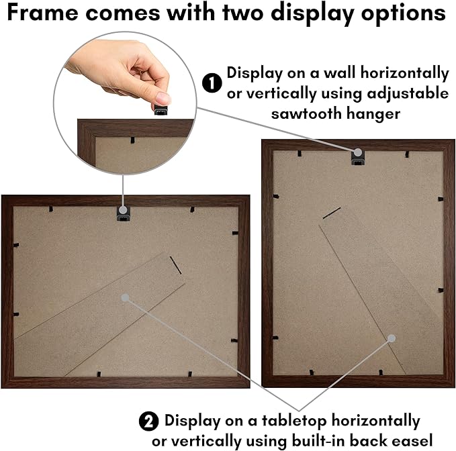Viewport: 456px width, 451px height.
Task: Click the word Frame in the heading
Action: (x=42, y=13)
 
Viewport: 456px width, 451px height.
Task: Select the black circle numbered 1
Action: (x=212, y=83)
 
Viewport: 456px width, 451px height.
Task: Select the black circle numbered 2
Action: (x=148, y=421)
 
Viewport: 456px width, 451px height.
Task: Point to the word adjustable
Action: (x=408, y=94)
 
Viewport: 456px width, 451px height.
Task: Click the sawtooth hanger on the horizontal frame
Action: (x=123, y=214)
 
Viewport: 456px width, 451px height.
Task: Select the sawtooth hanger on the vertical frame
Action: (x=358, y=158)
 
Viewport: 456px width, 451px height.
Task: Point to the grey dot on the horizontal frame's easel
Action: (x=125, y=297)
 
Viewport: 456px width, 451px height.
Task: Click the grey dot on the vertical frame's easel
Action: (x=392, y=338)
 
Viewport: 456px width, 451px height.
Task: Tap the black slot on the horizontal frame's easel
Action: (x=176, y=265)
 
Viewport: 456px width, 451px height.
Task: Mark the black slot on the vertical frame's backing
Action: (x=332, y=213)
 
